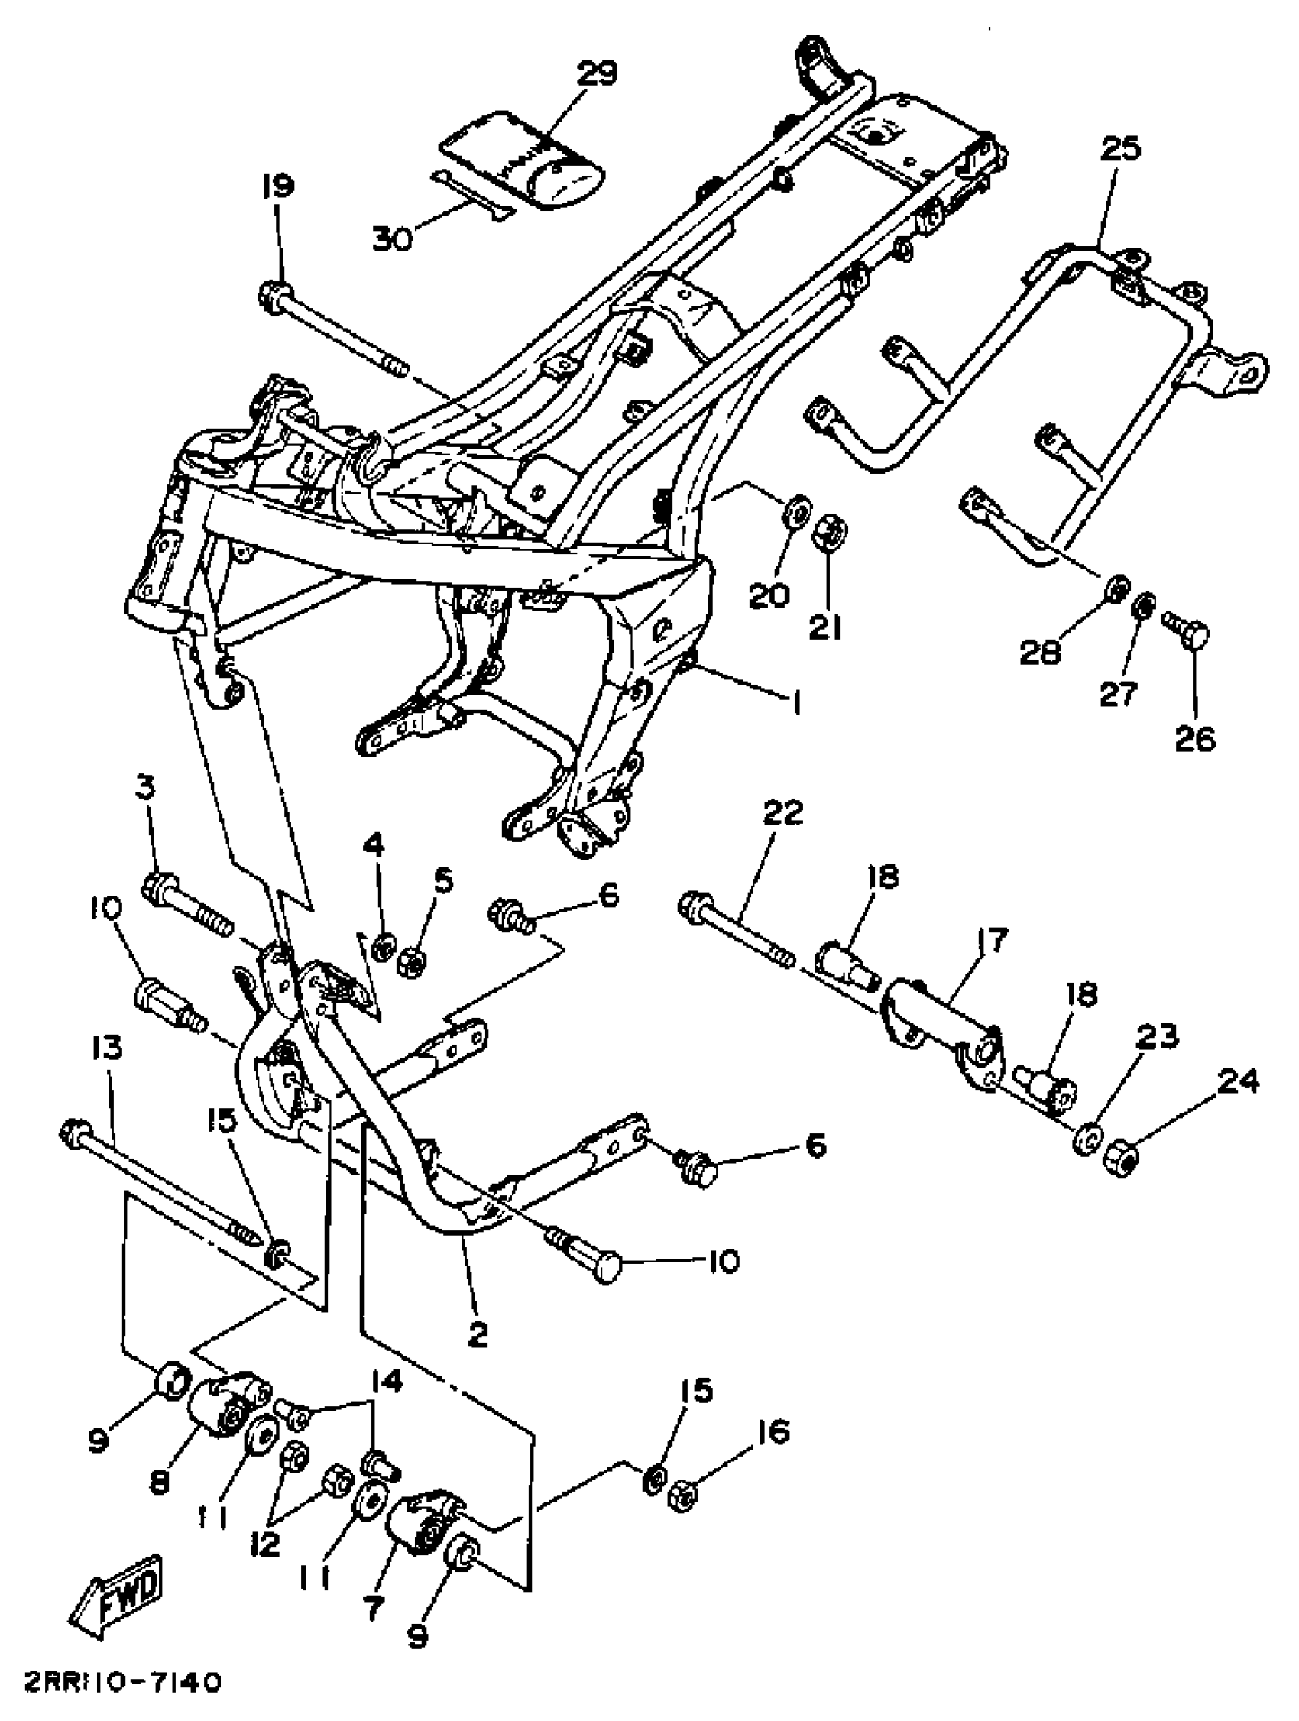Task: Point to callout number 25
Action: [x=1119, y=147]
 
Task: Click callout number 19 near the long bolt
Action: [x=277, y=186]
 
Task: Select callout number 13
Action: [x=106, y=1048]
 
